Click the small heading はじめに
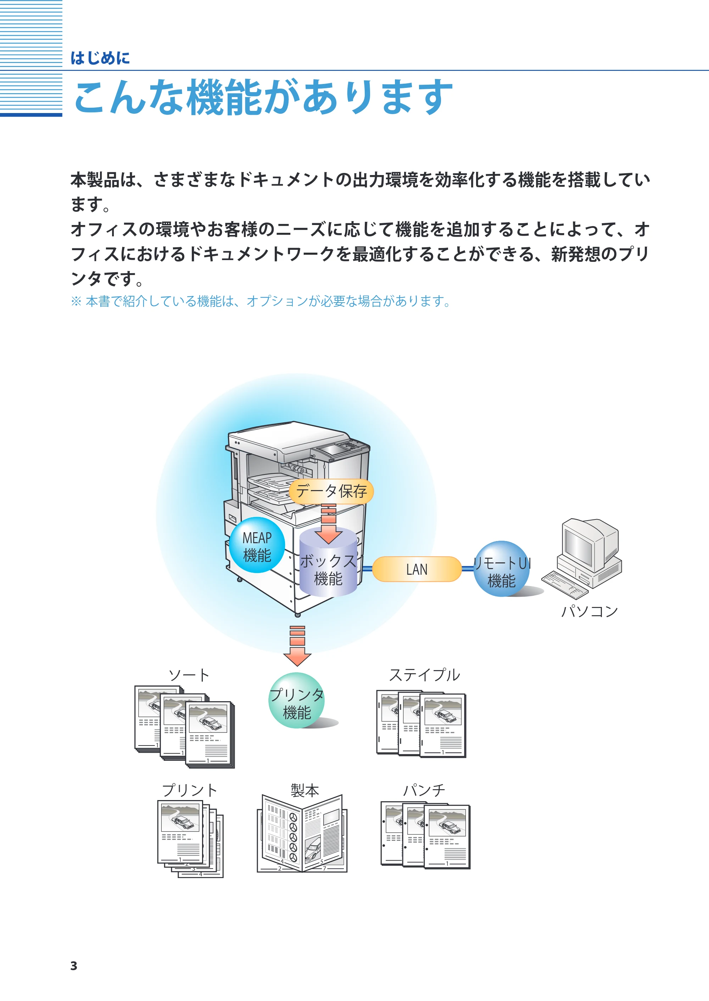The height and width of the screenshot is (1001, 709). pyautogui.click(x=100, y=58)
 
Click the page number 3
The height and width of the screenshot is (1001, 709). pyautogui.click(x=74, y=966)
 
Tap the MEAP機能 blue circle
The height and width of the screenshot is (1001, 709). pyautogui.click(x=257, y=545)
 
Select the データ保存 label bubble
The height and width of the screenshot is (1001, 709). pyautogui.click(x=331, y=492)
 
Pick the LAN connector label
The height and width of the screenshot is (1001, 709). pyautogui.click(x=417, y=569)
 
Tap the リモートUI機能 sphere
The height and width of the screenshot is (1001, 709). pyautogui.click(x=502, y=569)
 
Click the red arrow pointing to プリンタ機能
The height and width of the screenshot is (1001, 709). pyautogui.click(x=297, y=646)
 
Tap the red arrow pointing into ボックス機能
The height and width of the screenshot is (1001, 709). pyautogui.click(x=328, y=524)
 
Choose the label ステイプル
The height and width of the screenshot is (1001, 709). pyautogui.click(x=424, y=675)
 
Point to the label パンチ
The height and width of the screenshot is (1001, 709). pyautogui.click(x=424, y=790)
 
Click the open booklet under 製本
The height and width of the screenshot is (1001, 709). pyautogui.click(x=302, y=834)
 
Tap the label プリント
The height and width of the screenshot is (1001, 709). pyautogui.click(x=189, y=790)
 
